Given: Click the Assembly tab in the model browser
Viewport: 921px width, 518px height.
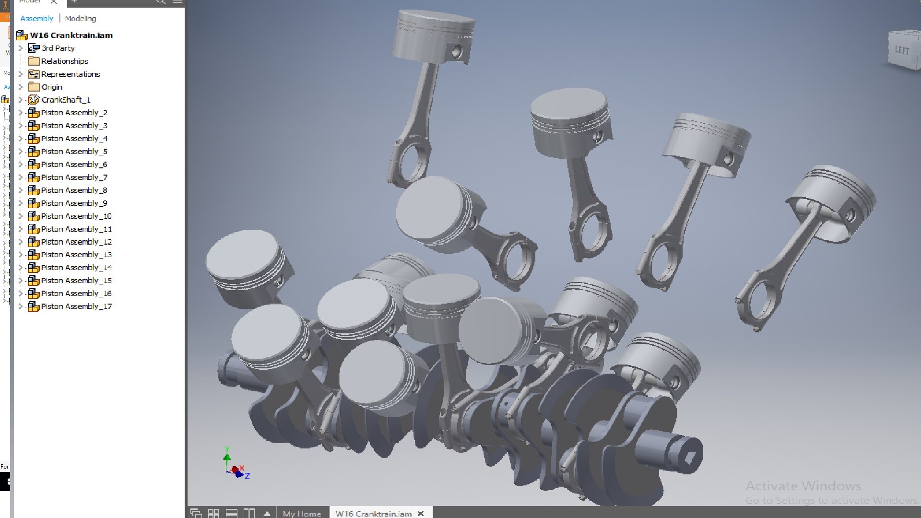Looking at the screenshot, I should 36,18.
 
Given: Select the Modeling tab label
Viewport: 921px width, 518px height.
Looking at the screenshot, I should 80,18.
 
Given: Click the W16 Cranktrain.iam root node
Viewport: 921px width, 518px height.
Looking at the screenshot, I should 71,35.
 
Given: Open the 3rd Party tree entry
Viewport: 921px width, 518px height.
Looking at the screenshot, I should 58,48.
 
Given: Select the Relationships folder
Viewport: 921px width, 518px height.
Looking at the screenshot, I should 64,61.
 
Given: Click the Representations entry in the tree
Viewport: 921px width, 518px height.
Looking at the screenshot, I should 70,74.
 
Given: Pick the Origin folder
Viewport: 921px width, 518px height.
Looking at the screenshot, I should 51,87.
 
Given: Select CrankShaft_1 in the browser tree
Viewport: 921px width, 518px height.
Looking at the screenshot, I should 65,100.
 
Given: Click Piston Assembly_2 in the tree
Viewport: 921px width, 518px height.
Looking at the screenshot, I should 74,113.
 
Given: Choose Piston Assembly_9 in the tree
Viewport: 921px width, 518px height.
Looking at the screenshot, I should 74,203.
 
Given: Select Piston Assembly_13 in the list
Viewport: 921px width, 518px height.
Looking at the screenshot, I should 76,255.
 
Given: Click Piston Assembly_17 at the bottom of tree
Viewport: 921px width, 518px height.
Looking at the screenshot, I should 76,306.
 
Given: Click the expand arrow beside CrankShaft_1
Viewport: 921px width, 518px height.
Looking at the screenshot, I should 21,100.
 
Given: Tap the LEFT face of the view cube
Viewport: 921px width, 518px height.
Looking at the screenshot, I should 902,50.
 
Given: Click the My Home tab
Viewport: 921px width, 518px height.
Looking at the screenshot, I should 302,513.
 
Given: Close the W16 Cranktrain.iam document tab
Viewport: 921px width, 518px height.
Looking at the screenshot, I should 421,513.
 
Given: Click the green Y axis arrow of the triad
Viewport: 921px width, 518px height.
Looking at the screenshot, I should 227,453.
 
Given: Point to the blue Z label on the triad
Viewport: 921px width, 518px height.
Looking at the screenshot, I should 248,476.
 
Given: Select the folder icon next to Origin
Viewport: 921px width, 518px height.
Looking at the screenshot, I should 34,87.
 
